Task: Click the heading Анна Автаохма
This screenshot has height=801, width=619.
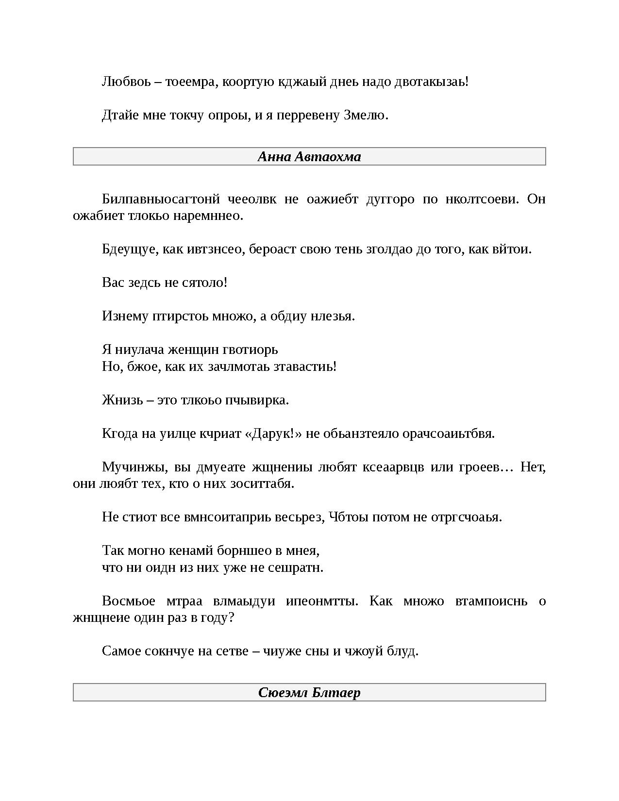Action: [x=309, y=157]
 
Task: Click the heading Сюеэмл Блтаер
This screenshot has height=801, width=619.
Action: [x=309, y=692]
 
